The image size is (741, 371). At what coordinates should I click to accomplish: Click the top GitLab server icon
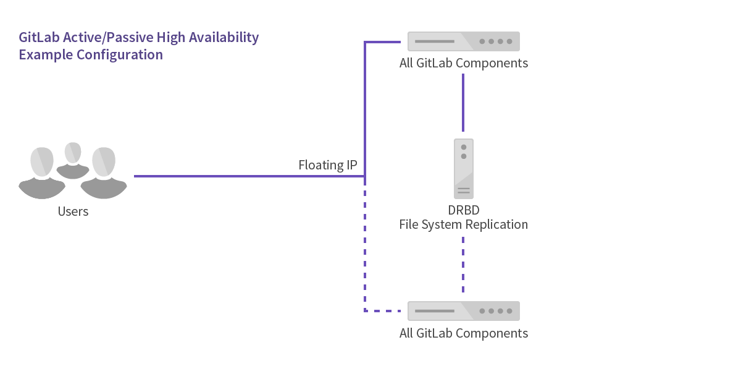click(463, 41)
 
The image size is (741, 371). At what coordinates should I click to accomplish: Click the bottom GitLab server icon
click(463, 310)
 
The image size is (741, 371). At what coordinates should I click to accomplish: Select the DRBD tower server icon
click(463, 168)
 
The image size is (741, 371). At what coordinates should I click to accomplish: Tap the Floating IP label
click(327, 165)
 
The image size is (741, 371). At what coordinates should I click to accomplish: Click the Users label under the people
click(73, 211)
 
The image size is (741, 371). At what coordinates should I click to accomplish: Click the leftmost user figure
click(42, 173)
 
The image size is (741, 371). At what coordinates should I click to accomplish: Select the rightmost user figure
click(104, 173)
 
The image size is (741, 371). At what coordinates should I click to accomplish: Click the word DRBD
click(463, 210)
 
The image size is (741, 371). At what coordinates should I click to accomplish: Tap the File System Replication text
click(463, 224)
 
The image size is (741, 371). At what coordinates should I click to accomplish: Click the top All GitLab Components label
click(463, 63)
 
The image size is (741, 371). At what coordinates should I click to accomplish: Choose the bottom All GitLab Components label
click(463, 333)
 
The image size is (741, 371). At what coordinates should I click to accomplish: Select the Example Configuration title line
click(91, 54)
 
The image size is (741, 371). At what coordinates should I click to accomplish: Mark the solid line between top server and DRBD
click(463, 102)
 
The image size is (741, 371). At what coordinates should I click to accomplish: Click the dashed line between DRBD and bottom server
click(463, 263)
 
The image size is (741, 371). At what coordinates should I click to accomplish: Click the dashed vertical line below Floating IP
click(365, 247)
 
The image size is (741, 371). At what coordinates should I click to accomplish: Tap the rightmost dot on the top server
click(509, 41)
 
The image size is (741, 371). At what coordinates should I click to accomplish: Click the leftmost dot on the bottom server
click(482, 311)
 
